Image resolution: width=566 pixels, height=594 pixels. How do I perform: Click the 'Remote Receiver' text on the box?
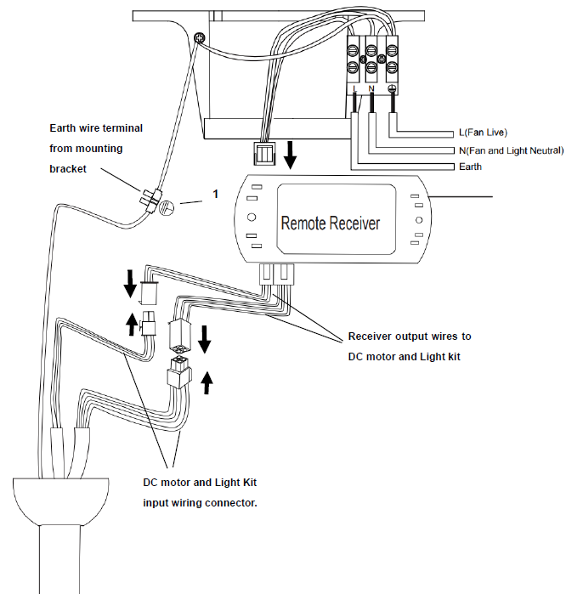point(331,223)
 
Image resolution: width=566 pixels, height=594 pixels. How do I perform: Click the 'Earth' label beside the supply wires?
point(470,167)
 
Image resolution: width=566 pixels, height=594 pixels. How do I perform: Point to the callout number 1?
point(215,195)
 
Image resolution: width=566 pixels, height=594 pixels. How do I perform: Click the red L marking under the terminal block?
point(354,88)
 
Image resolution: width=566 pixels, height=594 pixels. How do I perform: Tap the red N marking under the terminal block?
point(371,88)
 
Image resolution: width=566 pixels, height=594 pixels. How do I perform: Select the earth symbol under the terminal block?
point(391,88)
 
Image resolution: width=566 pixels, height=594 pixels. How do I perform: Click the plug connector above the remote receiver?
point(264,154)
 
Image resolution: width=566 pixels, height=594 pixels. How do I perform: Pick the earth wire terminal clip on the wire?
point(150,198)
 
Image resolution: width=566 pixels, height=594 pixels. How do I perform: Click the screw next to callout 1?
point(167,205)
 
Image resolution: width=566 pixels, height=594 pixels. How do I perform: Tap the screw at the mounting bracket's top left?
point(199,37)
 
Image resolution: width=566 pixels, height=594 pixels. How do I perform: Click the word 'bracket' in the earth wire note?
point(67,168)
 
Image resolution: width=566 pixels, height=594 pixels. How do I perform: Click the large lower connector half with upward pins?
point(179,371)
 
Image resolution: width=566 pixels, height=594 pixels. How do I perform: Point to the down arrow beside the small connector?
point(129,283)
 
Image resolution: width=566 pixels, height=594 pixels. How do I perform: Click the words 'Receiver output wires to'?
point(409,337)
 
